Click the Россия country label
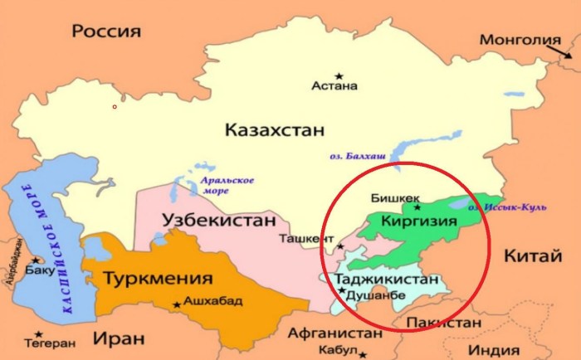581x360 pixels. [x=105, y=32]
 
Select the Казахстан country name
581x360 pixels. [x=273, y=130]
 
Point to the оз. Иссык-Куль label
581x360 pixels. [x=516, y=206]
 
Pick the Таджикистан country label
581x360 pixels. [x=388, y=280]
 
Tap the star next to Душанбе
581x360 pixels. [x=341, y=291]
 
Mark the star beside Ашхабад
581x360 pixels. [x=176, y=304]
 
